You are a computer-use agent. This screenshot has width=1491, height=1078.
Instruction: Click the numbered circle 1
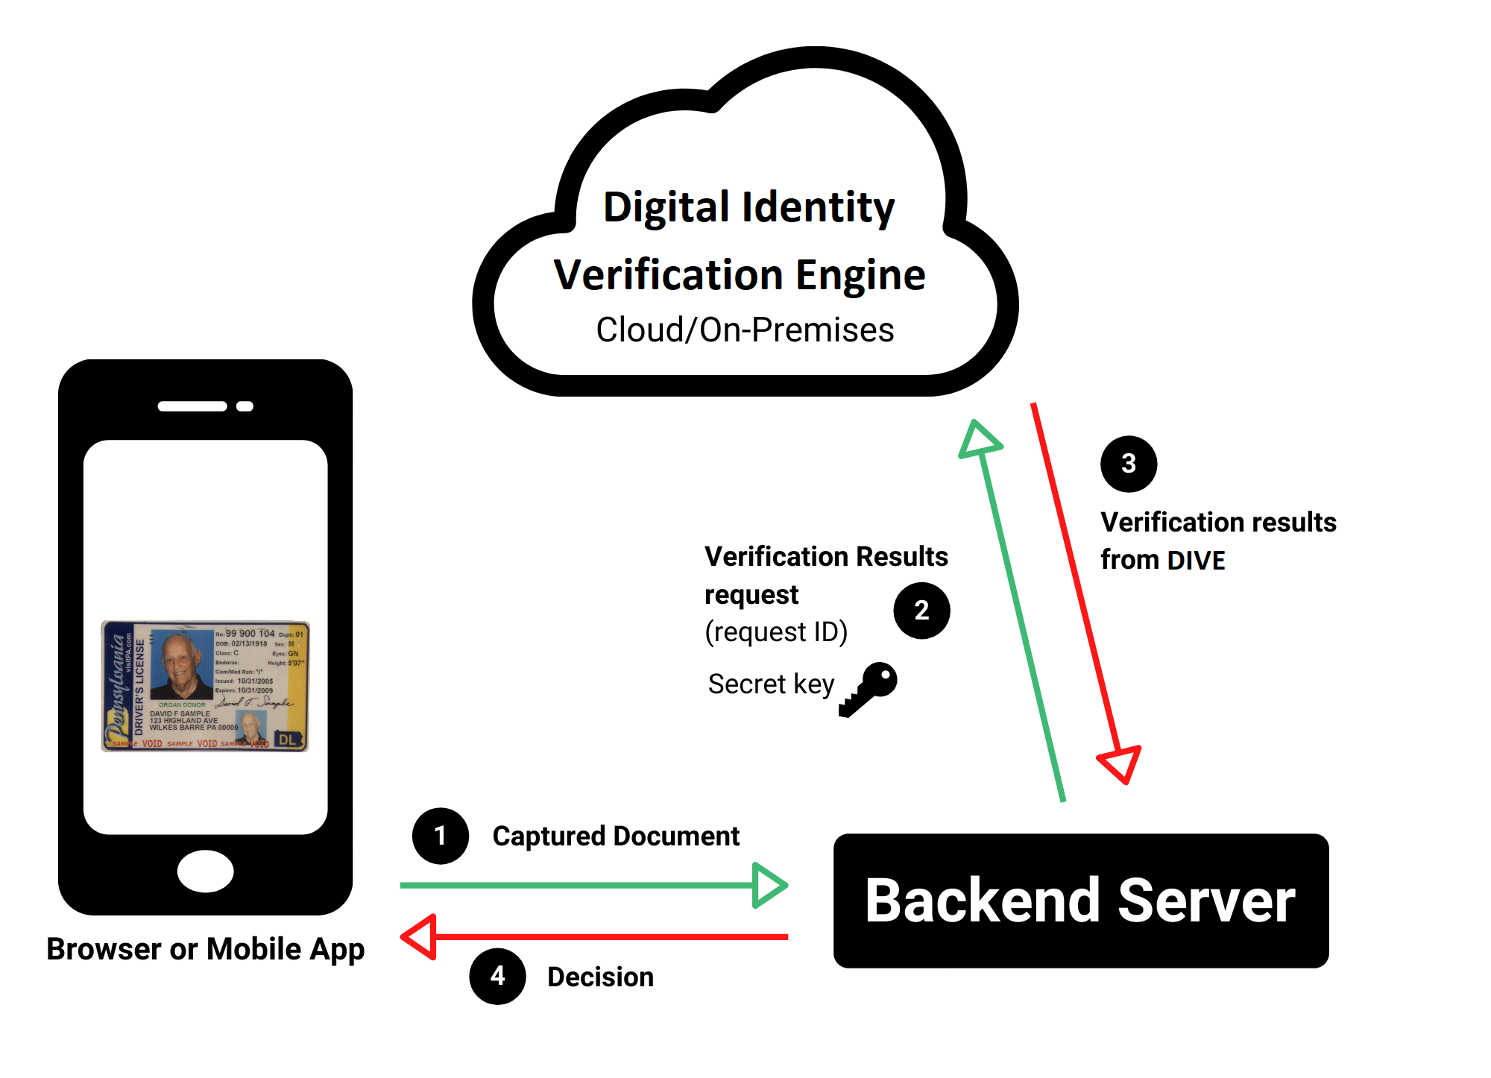click(x=440, y=836)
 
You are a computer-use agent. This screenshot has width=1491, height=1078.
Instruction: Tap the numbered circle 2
click(x=921, y=611)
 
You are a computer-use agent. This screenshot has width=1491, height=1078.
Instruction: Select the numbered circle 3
click(x=1129, y=464)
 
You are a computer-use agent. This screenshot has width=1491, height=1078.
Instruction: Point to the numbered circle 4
click(x=497, y=976)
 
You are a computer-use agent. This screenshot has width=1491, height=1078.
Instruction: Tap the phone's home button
click(x=206, y=871)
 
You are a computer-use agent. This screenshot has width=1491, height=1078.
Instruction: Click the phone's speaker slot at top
click(x=192, y=406)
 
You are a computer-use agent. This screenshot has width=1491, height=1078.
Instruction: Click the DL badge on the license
click(x=288, y=740)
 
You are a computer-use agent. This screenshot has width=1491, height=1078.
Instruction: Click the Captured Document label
click(x=616, y=836)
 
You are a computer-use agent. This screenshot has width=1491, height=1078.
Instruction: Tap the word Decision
click(x=600, y=977)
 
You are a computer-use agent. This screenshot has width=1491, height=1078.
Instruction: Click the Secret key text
click(x=771, y=684)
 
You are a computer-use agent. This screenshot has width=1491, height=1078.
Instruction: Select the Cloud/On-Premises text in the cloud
click(x=745, y=330)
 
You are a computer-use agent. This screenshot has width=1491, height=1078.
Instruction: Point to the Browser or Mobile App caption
click(x=206, y=949)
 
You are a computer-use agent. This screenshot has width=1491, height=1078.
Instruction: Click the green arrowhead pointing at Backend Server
click(x=768, y=886)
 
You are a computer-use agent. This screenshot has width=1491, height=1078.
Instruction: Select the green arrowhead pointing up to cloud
click(x=979, y=440)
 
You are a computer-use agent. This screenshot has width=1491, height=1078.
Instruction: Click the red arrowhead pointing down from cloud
click(x=1120, y=763)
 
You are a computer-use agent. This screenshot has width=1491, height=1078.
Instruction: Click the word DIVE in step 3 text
click(x=1196, y=560)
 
